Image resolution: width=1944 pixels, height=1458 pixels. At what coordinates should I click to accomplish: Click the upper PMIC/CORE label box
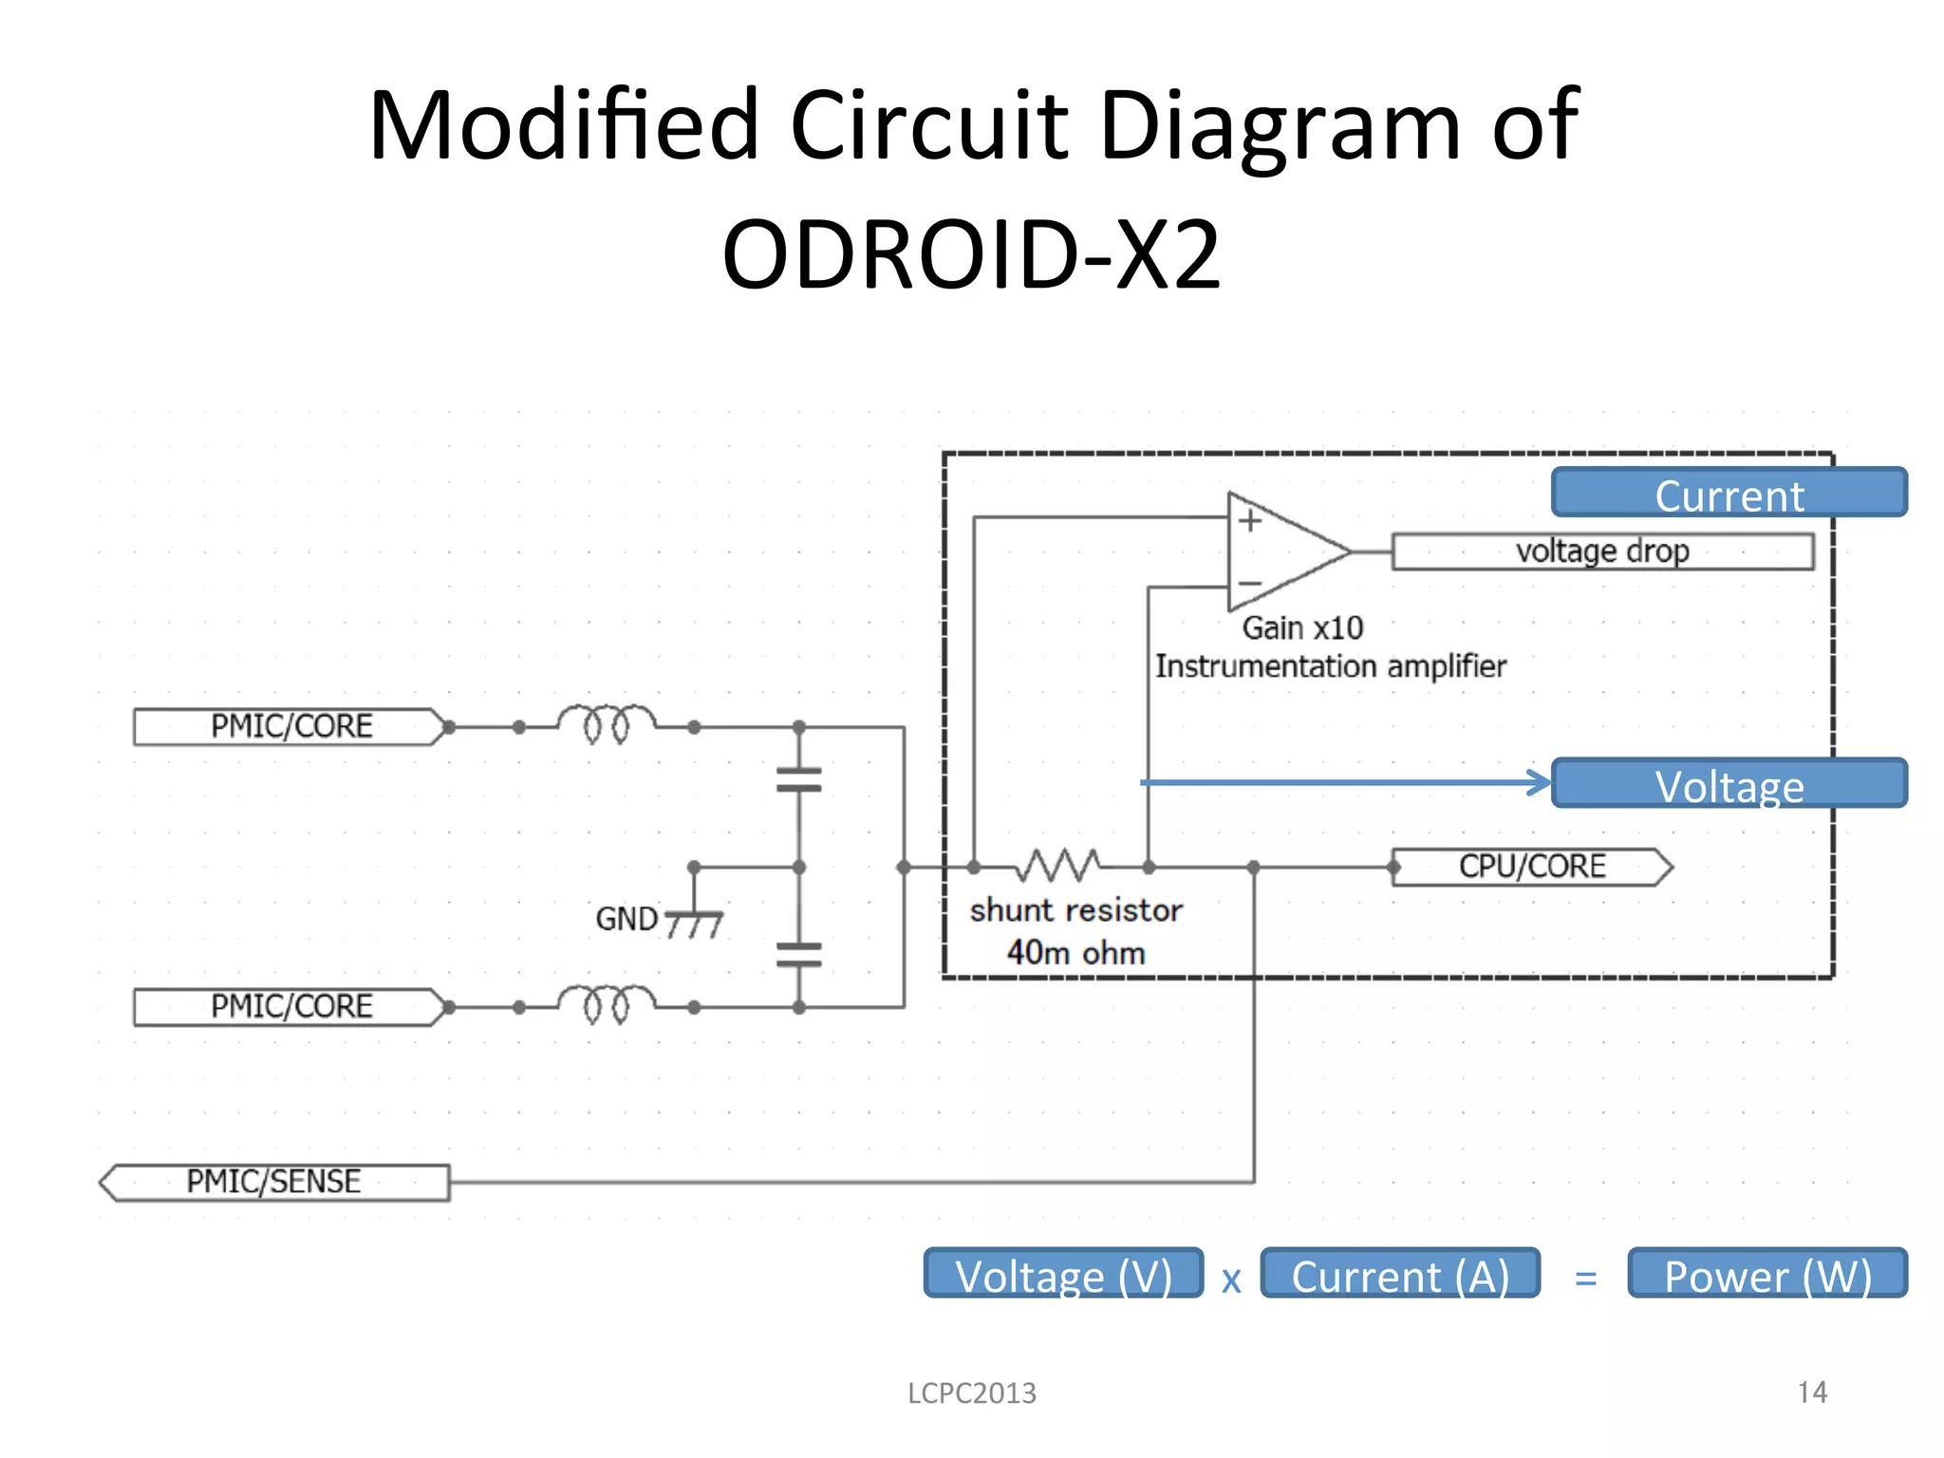(x=290, y=727)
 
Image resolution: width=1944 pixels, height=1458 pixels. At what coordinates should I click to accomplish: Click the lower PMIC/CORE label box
(x=290, y=1006)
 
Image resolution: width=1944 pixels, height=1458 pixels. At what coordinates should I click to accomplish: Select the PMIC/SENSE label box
(x=274, y=1182)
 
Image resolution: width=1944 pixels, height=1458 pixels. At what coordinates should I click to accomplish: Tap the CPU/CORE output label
(x=1530, y=867)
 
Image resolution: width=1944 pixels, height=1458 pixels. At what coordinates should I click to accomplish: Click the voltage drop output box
(x=1601, y=551)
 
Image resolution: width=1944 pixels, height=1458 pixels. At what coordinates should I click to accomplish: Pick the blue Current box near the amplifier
(x=1729, y=494)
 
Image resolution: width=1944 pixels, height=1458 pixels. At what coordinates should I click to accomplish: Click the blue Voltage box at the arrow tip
(x=1729, y=784)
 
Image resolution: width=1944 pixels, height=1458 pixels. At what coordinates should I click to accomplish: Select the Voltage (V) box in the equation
(x=1063, y=1274)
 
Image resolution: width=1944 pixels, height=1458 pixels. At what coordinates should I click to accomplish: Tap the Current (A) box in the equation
(x=1400, y=1274)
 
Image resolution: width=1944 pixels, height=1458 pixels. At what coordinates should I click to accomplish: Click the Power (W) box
(x=1767, y=1274)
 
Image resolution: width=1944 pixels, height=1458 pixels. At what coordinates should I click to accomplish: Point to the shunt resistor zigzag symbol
(x=1060, y=865)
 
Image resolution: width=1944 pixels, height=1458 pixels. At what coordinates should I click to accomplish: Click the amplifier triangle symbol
(x=1281, y=551)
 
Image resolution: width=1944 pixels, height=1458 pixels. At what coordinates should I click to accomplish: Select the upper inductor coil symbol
(x=606, y=723)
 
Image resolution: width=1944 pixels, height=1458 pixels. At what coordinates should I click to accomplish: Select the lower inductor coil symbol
(x=606, y=1003)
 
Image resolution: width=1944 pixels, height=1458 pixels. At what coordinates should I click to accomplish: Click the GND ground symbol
(x=694, y=922)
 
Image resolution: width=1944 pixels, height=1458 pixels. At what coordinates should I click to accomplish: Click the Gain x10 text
(x=1302, y=628)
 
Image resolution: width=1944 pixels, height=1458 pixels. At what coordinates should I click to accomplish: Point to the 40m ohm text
(x=1075, y=952)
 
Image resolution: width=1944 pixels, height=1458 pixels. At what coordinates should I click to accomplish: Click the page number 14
(x=1811, y=1392)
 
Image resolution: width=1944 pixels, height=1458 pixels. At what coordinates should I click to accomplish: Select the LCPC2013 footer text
(x=972, y=1393)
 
